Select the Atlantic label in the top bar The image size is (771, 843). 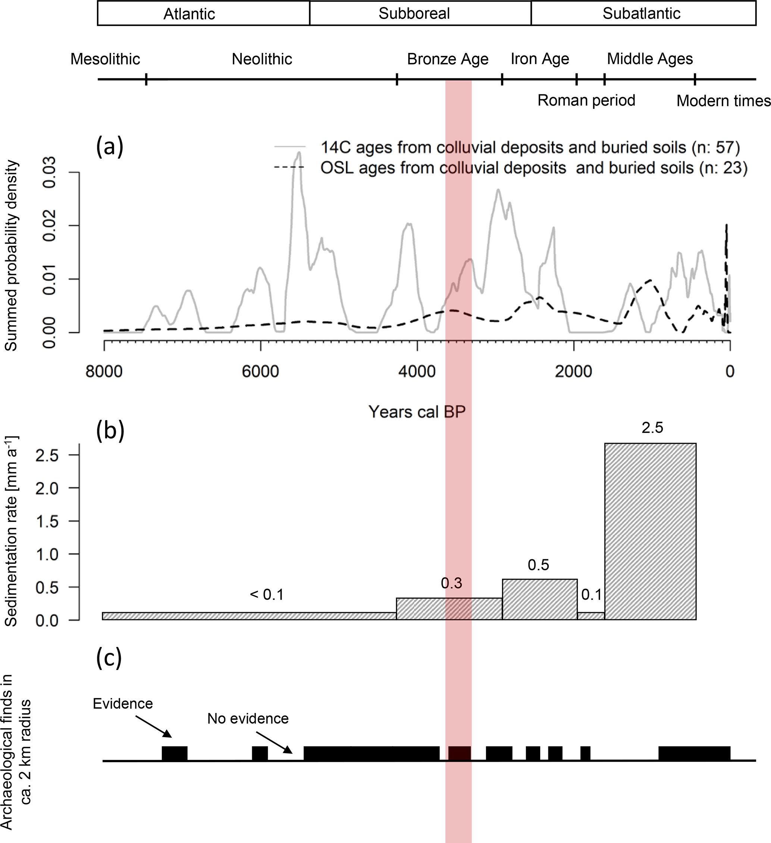(189, 14)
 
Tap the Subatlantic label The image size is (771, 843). (641, 13)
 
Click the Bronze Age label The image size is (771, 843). (448, 59)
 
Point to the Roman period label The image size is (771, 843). (586, 100)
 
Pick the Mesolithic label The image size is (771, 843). (105, 59)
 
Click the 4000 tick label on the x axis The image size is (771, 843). (417, 371)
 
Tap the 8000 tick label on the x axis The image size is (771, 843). (104, 371)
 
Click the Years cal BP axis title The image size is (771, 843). (417, 412)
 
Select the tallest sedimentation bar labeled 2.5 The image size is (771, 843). (650, 531)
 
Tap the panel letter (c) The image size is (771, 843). (109, 658)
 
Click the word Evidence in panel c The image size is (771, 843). (123, 703)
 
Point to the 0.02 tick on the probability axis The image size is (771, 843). (49, 226)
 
